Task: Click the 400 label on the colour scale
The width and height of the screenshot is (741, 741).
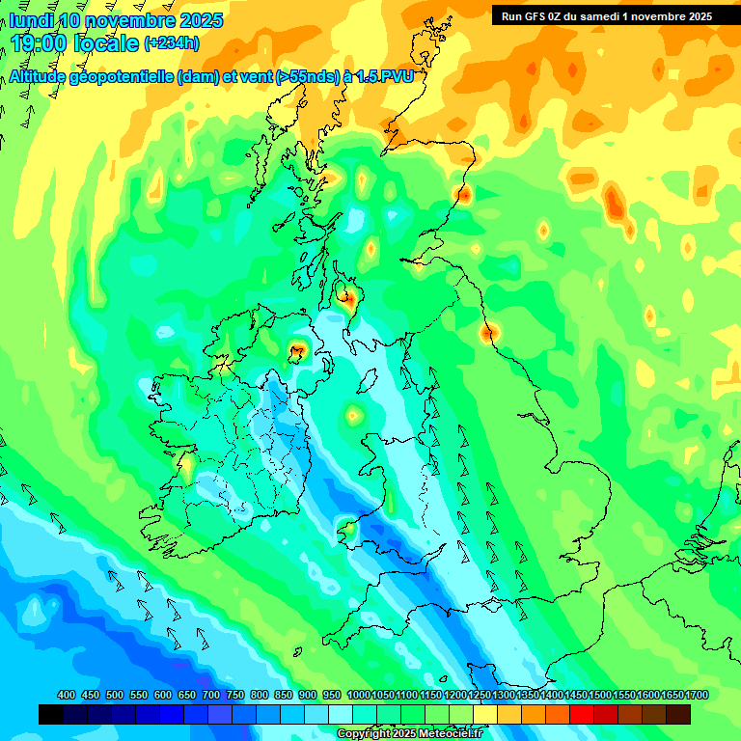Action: tap(67, 695)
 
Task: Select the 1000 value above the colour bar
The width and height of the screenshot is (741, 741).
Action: tap(359, 695)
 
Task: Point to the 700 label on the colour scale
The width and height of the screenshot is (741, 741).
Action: tap(211, 695)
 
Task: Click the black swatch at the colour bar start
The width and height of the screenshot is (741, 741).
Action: tap(51, 715)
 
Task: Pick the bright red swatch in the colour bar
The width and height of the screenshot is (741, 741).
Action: tap(582, 715)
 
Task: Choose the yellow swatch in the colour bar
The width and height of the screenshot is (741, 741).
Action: tap(485, 715)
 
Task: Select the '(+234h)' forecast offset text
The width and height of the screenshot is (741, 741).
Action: tap(172, 43)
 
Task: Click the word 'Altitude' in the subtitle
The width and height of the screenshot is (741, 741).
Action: tap(42, 77)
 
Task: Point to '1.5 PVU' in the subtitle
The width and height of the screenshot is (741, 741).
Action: tap(384, 77)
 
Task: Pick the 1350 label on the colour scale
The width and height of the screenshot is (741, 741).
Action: tap(528, 695)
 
